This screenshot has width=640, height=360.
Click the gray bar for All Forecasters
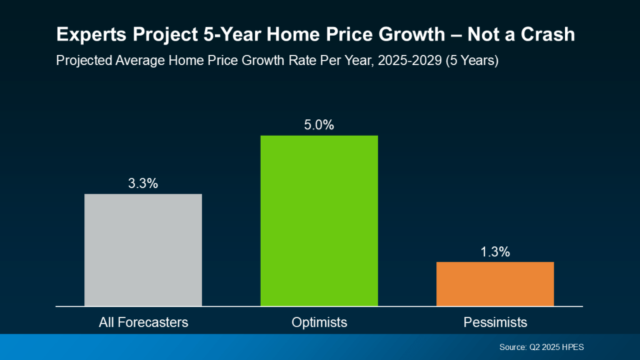coord(143,250)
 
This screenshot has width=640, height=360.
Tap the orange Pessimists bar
coord(495,284)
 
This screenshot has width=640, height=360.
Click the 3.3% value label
coord(143,184)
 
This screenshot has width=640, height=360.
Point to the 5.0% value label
coord(319,125)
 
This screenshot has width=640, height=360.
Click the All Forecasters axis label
coord(143,322)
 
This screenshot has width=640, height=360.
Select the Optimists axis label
coord(319,322)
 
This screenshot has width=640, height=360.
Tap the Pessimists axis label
coord(495,322)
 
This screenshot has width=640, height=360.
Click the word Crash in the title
coord(551,35)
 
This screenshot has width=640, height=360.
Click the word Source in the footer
coord(512,347)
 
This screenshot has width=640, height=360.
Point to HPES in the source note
coord(572,347)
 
